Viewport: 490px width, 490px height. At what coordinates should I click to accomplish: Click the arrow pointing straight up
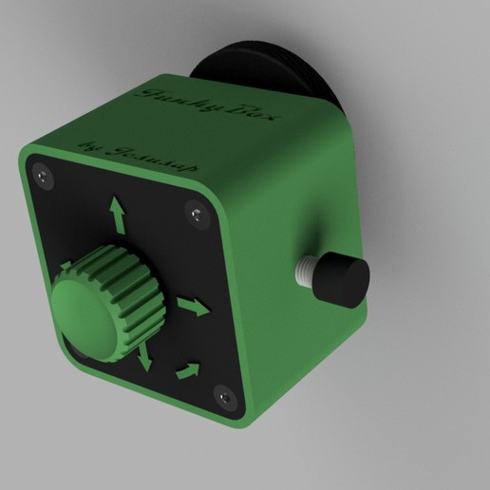point(118,214)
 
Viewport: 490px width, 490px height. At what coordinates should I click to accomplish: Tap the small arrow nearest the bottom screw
point(190,369)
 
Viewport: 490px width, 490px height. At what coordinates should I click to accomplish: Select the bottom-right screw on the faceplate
point(225,393)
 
